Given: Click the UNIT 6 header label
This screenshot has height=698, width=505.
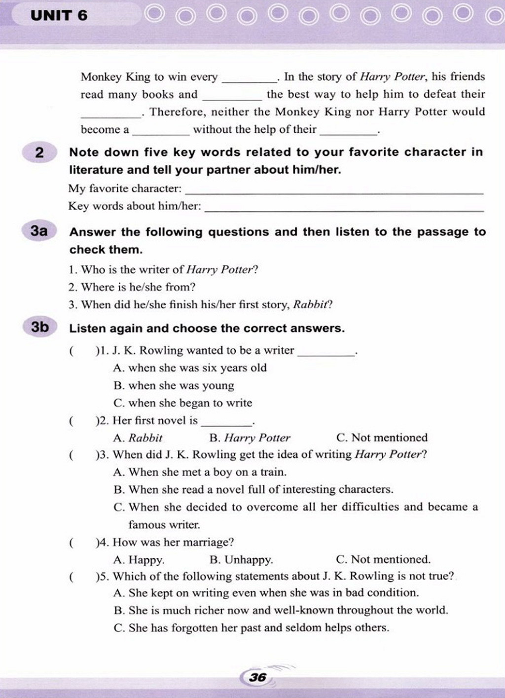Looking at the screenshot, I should coord(59,15).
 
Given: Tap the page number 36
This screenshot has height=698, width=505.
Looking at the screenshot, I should coord(257,677).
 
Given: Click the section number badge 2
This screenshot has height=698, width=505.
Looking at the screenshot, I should coord(39,152).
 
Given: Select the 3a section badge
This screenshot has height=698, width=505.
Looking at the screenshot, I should coord(39,231).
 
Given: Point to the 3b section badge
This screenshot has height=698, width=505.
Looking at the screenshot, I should coord(39,327).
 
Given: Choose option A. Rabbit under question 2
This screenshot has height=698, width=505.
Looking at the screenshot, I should coord(138,438).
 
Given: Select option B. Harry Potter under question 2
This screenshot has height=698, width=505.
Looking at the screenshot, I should coord(250,438).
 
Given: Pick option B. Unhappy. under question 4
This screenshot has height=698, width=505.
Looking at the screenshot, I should coord(241,560).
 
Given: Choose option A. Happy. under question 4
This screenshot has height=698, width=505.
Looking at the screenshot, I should coord(139,560).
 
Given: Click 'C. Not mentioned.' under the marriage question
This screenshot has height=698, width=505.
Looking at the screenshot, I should coord(383,559).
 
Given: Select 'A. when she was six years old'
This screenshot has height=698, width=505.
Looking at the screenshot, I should coord(190,368).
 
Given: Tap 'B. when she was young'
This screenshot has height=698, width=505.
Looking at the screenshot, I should coord(174,386).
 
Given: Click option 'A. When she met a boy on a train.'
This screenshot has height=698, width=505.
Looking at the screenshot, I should coord(200,473).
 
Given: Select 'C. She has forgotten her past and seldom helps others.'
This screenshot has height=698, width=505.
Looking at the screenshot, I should coord(252,628).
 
